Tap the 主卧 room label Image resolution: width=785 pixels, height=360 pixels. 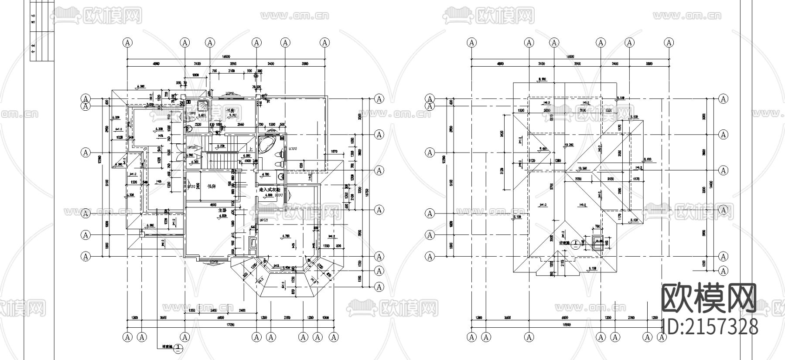coord(222,211)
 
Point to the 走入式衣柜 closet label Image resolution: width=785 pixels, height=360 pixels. coord(270,190)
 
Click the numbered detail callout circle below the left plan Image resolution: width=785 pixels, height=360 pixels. coord(178,348)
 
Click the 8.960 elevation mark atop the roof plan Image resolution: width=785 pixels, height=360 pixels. coord(543,79)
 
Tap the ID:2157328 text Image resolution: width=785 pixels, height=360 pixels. coord(710,326)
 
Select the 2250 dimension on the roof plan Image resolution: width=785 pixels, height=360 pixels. coord(578,178)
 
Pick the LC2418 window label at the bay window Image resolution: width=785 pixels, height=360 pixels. coord(214,262)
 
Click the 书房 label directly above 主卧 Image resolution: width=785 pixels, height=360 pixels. coord(212,186)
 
